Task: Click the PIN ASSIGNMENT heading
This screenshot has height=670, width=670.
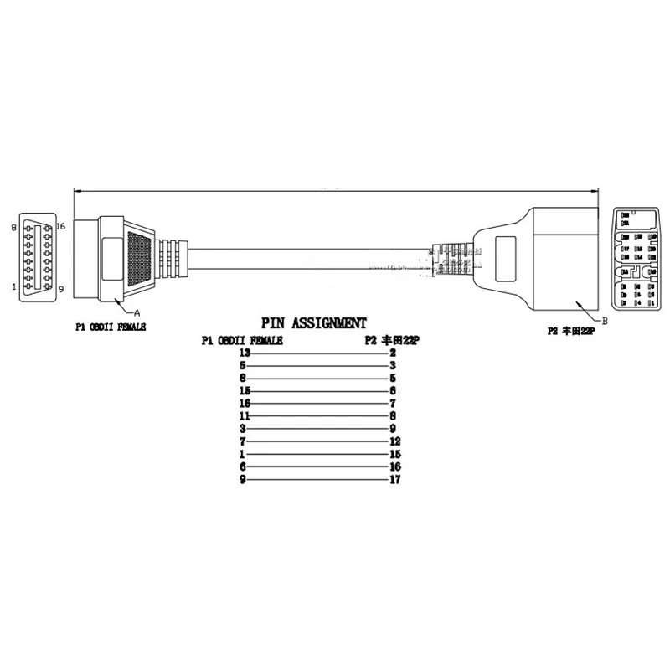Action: [x=313, y=322]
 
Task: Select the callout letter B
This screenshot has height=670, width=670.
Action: [x=605, y=319]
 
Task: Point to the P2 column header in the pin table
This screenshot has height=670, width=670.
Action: [x=391, y=340]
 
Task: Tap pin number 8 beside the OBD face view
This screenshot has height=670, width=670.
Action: [x=14, y=227]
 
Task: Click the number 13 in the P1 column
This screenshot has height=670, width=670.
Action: [x=245, y=353]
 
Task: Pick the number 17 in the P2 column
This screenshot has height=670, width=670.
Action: [x=396, y=481]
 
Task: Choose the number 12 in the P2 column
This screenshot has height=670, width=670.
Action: [x=396, y=441]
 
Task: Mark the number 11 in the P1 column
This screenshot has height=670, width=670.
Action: [x=245, y=416]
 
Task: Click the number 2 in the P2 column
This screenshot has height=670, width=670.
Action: [x=393, y=353]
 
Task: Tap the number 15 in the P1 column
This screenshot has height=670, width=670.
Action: [x=245, y=391]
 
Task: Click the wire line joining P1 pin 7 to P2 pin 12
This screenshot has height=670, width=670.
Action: [x=318, y=441]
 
